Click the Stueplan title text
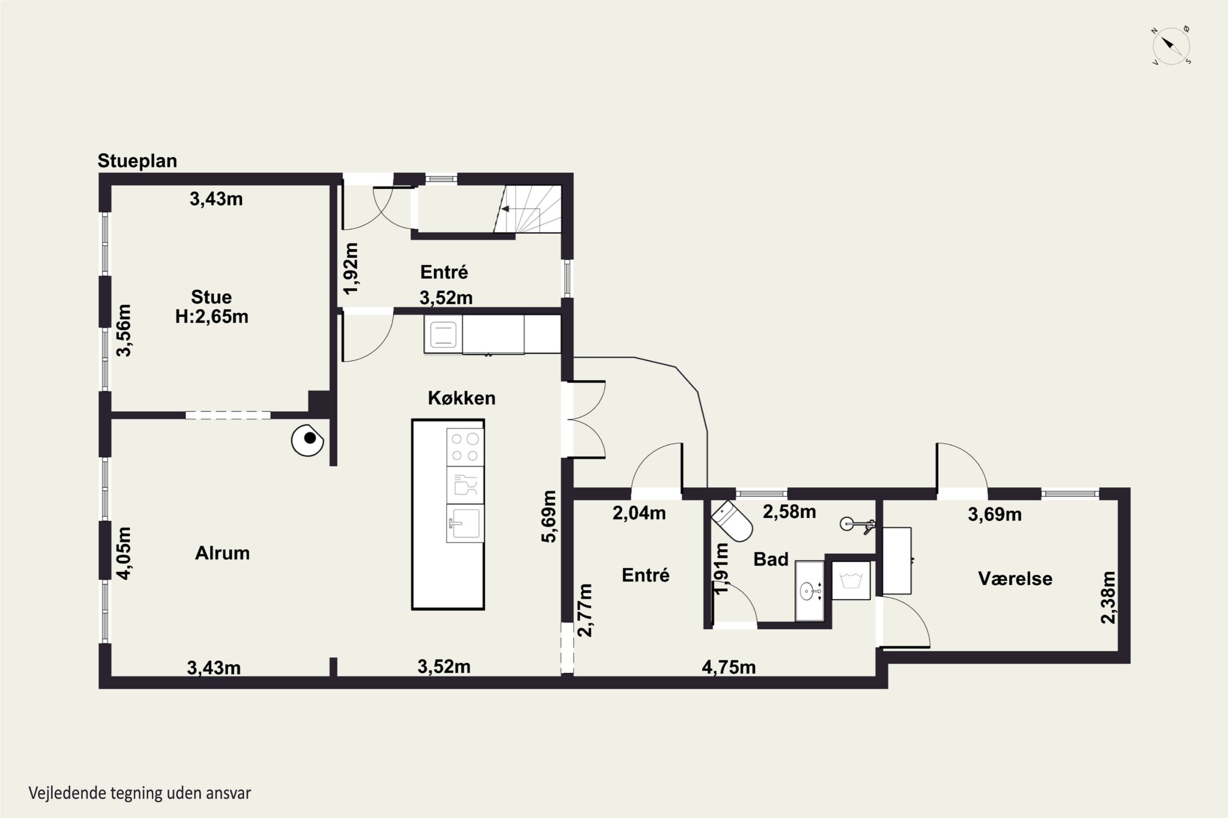(x=137, y=161)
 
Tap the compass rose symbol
(x=1171, y=46)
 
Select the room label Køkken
(x=462, y=398)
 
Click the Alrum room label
(x=222, y=553)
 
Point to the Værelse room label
(x=1015, y=579)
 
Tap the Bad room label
(x=771, y=559)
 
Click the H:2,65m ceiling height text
(x=212, y=317)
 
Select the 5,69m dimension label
(x=549, y=517)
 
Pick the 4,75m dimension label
(x=728, y=667)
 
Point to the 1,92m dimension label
(x=351, y=268)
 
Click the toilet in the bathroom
(x=732, y=521)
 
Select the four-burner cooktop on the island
(x=465, y=447)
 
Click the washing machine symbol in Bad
(x=851, y=580)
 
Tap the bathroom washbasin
(x=809, y=591)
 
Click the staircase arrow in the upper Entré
(x=520, y=209)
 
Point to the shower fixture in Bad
(x=857, y=524)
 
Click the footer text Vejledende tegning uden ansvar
(x=140, y=793)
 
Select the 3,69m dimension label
(x=995, y=515)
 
